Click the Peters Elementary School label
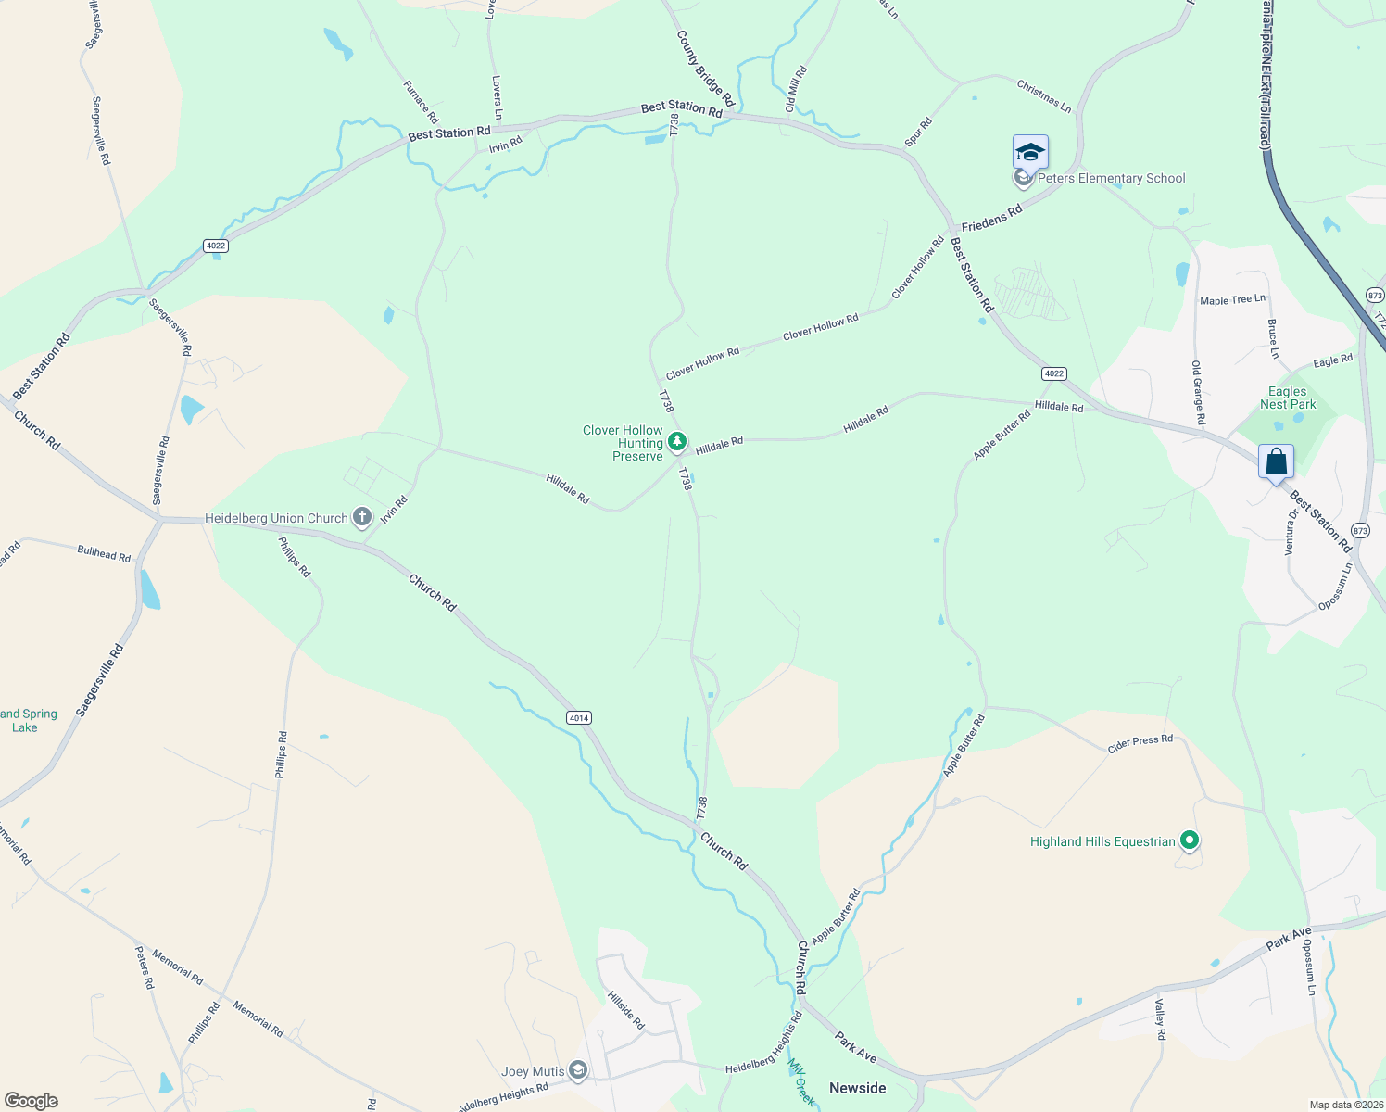coord(1111,179)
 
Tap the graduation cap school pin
coord(1030,152)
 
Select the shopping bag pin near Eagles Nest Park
coord(1276,461)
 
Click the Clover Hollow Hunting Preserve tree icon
coord(677,443)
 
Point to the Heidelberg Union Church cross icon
coord(361,518)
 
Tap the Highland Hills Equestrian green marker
coord(1191,841)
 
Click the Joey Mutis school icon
coord(578,1072)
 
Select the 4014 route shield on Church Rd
coord(579,718)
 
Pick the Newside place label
coord(857,1088)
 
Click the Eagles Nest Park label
coord(1288,398)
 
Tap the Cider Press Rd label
coord(1140,743)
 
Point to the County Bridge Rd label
coord(705,69)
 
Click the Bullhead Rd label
coord(104,554)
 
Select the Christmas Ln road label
coord(1044,96)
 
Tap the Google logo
coord(31,1100)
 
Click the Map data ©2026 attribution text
coord(1344,1105)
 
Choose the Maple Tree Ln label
coord(1232,300)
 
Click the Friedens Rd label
coord(991,219)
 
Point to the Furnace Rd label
coord(421,102)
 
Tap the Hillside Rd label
coord(626,1010)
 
